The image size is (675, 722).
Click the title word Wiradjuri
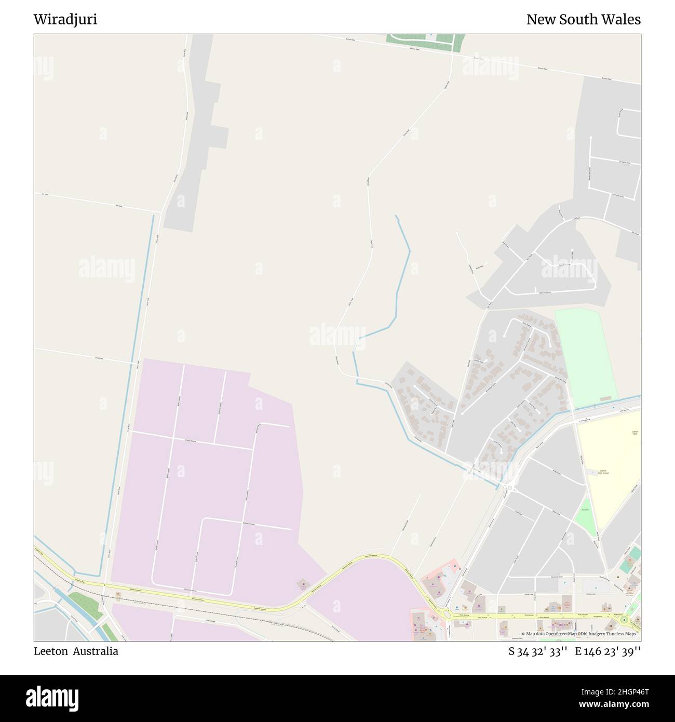(x=65, y=20)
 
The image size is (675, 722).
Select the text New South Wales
(x=583, y=20)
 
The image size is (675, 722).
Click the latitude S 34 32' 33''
(x=538, y=651)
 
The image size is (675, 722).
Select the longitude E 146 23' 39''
(x=607, y=651)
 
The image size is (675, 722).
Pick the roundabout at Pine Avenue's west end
(x=447, y=615)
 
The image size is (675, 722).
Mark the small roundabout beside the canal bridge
(x=510, y=488)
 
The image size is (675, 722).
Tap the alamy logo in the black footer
(x=54, y=697)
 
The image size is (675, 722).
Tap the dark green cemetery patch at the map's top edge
(x=426, y=42)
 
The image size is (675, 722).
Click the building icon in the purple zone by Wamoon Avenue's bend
(x=302, y=585)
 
